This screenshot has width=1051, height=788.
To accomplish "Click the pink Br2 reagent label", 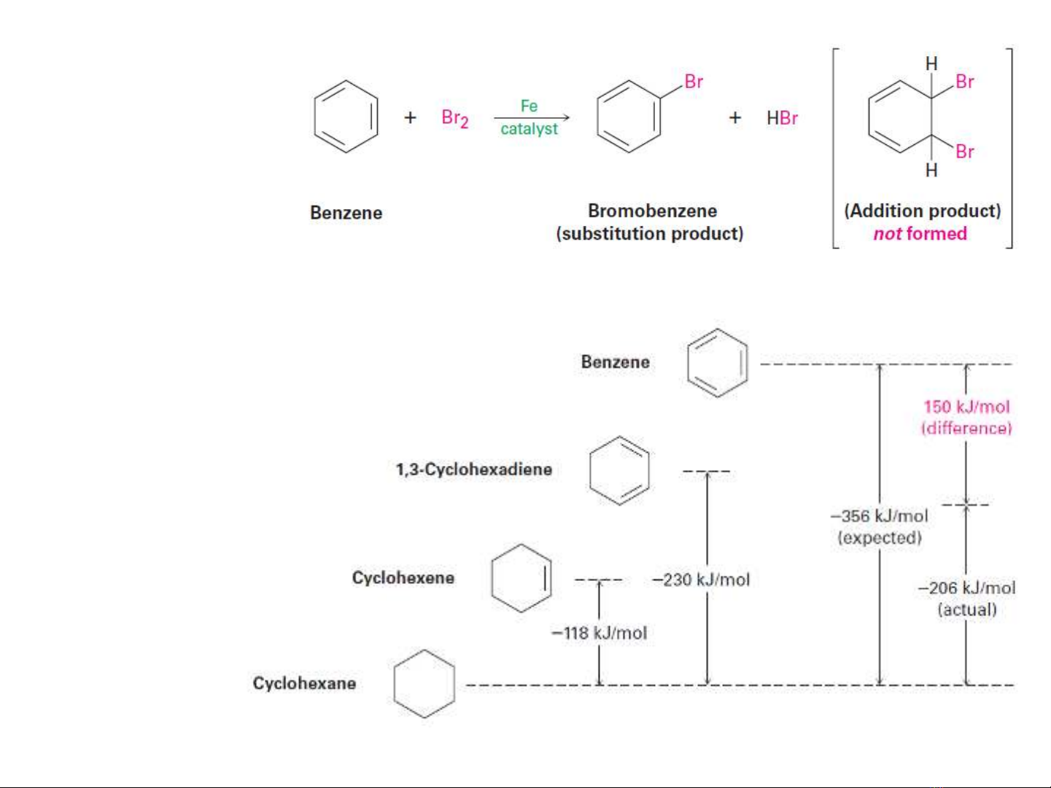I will coord(454,118).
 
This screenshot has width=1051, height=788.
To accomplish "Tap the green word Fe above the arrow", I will coord(529,106).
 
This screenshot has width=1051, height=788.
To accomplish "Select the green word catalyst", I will coord(529,129).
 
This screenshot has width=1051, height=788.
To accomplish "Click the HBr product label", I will coord(782,118).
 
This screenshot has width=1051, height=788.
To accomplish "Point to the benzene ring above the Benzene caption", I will coord(346,117).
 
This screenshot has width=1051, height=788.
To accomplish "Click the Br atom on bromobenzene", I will coord(693,82).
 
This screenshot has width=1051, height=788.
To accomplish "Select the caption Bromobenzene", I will coord(652,211).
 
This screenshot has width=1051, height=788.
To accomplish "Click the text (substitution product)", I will coord(649,233).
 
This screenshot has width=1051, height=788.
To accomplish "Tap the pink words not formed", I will coord(920,233).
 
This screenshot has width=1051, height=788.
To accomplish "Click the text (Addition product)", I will coord(922,211).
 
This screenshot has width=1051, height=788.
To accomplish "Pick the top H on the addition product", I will coord(931,64).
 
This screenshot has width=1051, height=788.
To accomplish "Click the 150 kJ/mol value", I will coord(966,407).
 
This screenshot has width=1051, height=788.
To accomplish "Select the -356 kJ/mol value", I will coord(880,516).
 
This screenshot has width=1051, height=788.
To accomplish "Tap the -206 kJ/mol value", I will coord(966,588).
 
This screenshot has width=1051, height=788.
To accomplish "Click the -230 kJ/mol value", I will coord(701,580).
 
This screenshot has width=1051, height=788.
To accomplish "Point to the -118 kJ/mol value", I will coord(600,633).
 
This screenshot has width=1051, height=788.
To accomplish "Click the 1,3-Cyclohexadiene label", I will coord(473,469).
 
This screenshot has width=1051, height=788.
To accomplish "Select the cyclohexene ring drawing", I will coord(521,577).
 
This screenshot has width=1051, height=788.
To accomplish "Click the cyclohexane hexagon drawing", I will coord(424,684).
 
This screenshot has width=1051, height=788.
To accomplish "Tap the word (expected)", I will coord(880,538).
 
